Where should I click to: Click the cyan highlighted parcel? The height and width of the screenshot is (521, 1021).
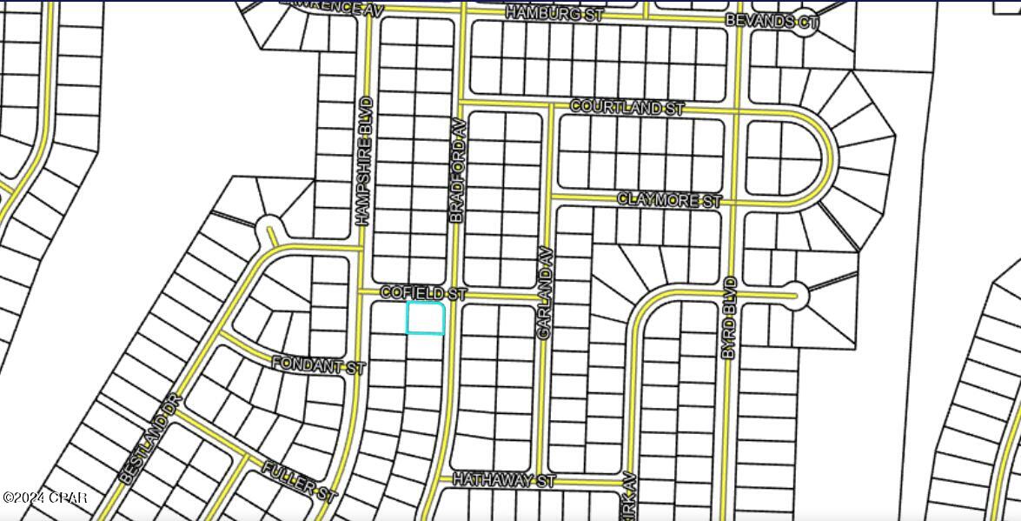pos(426,318)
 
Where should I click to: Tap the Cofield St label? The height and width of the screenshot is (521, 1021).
pos(423,294)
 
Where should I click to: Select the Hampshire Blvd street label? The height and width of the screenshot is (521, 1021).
pos(366,161)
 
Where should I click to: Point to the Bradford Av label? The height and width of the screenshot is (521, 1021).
pos(458,170)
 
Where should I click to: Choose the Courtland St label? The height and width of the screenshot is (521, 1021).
pos(627,107)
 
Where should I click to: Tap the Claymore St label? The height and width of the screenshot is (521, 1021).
pos(669,200)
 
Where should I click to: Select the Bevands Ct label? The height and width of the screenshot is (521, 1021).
pos(772,21)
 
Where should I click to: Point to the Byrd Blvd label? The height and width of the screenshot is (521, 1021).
pos(730,317)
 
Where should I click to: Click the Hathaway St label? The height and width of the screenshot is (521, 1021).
pos(503,479)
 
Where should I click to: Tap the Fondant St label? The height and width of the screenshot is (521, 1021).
pos(318,365)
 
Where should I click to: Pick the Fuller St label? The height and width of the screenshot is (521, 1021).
pos(299,480)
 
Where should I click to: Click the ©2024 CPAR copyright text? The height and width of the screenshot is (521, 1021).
pos(44,498)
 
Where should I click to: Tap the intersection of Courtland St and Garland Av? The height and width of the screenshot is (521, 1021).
pos(551,105)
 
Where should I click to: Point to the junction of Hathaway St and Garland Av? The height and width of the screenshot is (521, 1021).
pos(542,478)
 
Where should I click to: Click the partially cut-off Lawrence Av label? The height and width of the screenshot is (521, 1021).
pos(334,6)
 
